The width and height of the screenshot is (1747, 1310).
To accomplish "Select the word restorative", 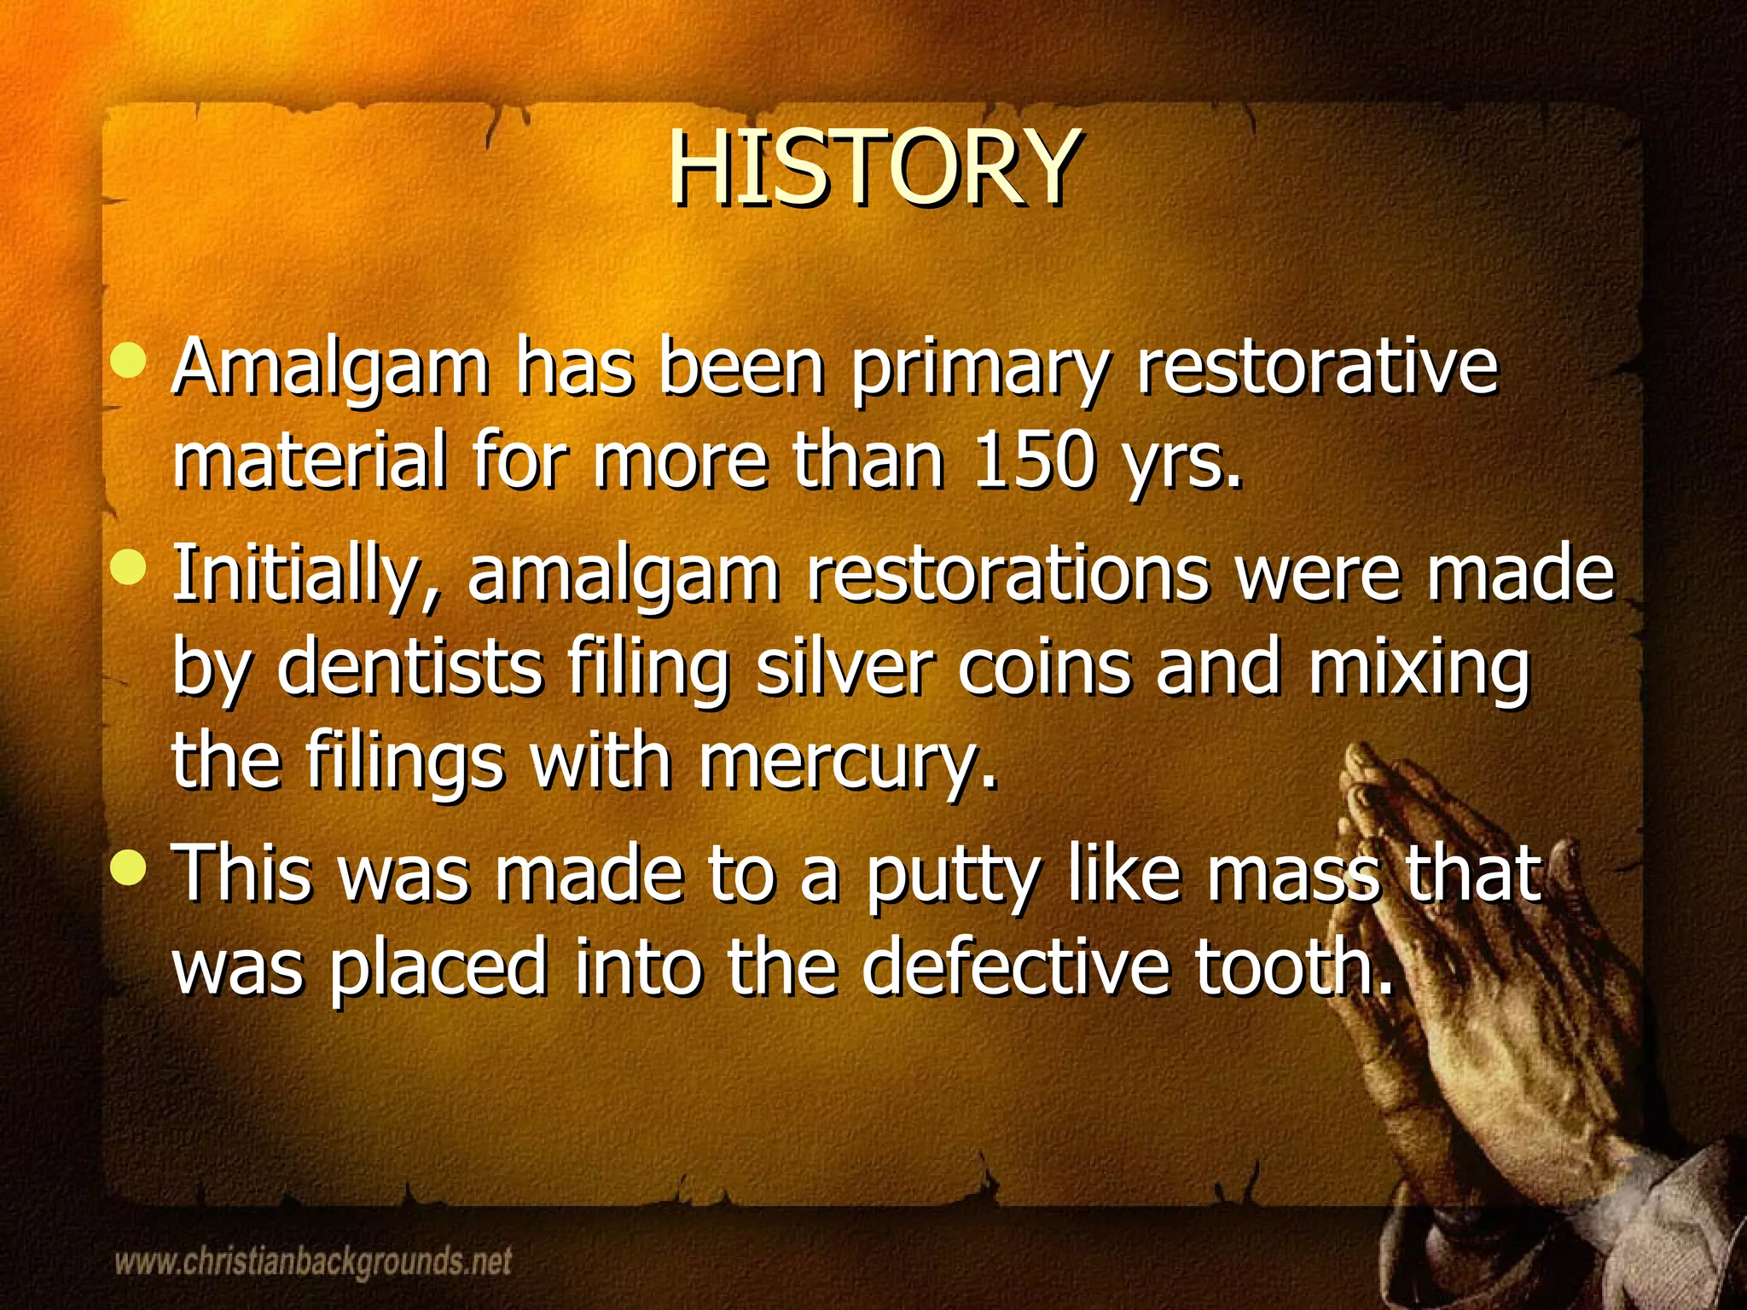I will click(x=1317, y=367).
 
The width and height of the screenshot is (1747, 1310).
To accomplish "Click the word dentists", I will click(x=409, y=667).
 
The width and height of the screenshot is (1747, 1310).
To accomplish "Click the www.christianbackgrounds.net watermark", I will click(x=313, y=1261).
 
